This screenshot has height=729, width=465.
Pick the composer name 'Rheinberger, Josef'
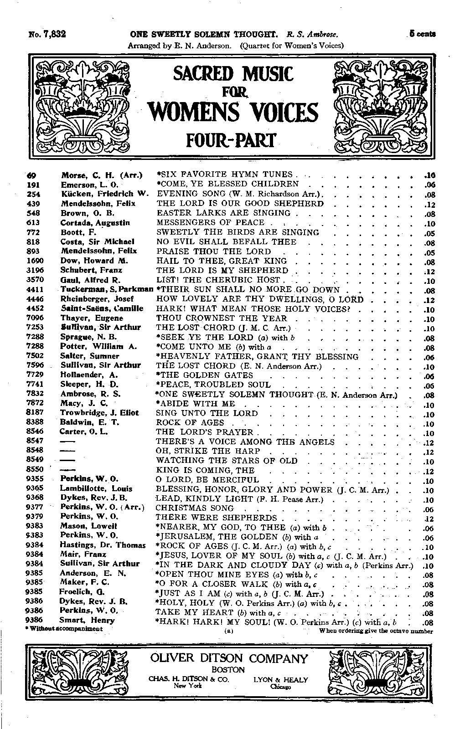pos(97,299)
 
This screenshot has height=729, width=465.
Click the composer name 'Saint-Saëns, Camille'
pos(102,308)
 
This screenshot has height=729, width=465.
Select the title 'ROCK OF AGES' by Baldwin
pos(190,422)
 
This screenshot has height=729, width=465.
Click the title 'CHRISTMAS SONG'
pos(195,508)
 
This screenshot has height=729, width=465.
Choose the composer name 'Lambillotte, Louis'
pos(96,488)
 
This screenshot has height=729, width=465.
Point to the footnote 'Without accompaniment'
pos(64,629)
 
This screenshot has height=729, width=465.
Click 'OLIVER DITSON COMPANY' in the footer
pos(229,659)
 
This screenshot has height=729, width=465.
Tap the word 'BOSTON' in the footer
pos(228,670)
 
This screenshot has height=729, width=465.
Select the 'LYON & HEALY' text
pos(280,680)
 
